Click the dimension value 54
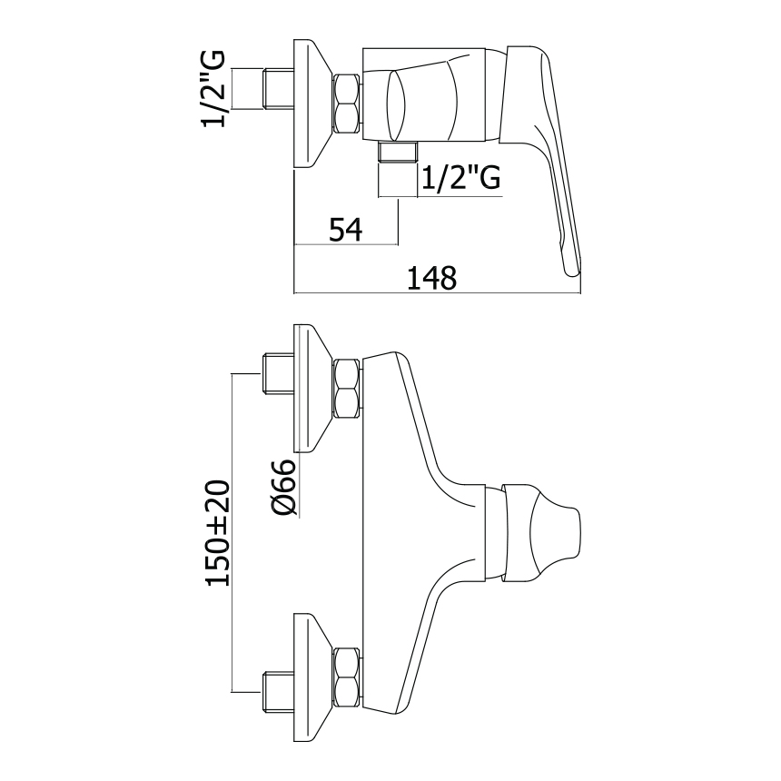[x=345, y=231]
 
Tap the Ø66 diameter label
[x=284, y=488]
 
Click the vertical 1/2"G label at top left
[x=215, y=87]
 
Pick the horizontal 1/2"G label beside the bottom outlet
[x=461, y=179]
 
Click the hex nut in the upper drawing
[x=348, y=104]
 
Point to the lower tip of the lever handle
[x=569, y=264]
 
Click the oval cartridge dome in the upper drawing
[x=398, y=103]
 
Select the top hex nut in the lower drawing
[x=348, y=388]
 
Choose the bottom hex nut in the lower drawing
[x=348, y=678]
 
